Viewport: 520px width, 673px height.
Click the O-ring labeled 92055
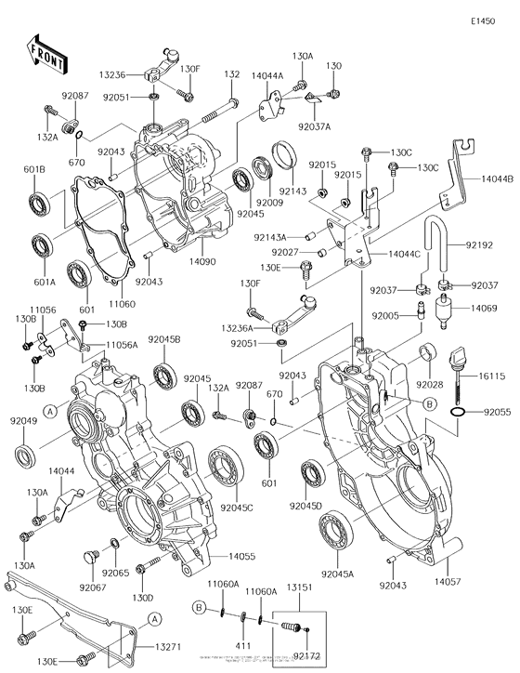pos(457,410)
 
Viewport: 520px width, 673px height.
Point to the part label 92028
pos(429,384)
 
